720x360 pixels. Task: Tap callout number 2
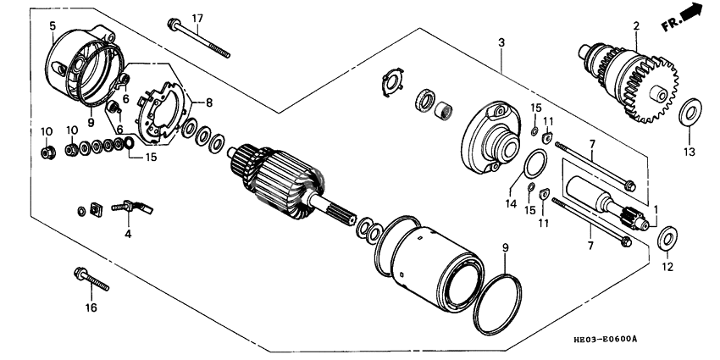pyautogui.click(x=634, y=26)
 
